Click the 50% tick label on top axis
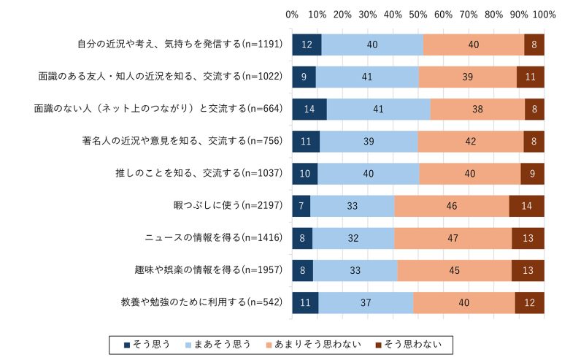click(418, 15)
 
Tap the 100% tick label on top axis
click(543, 15)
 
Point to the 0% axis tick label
click(292, 15)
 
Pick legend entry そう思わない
click(412, 343)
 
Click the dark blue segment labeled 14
click(309, 108)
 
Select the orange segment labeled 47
click(453, 238)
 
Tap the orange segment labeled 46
click(451, 206)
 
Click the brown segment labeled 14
click(526, 206)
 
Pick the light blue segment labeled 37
click(366, 302)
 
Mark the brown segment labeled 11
click(530, 76)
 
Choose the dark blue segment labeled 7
click(301, 206)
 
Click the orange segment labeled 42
click(470, 140)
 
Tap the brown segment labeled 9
click(532, 173)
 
